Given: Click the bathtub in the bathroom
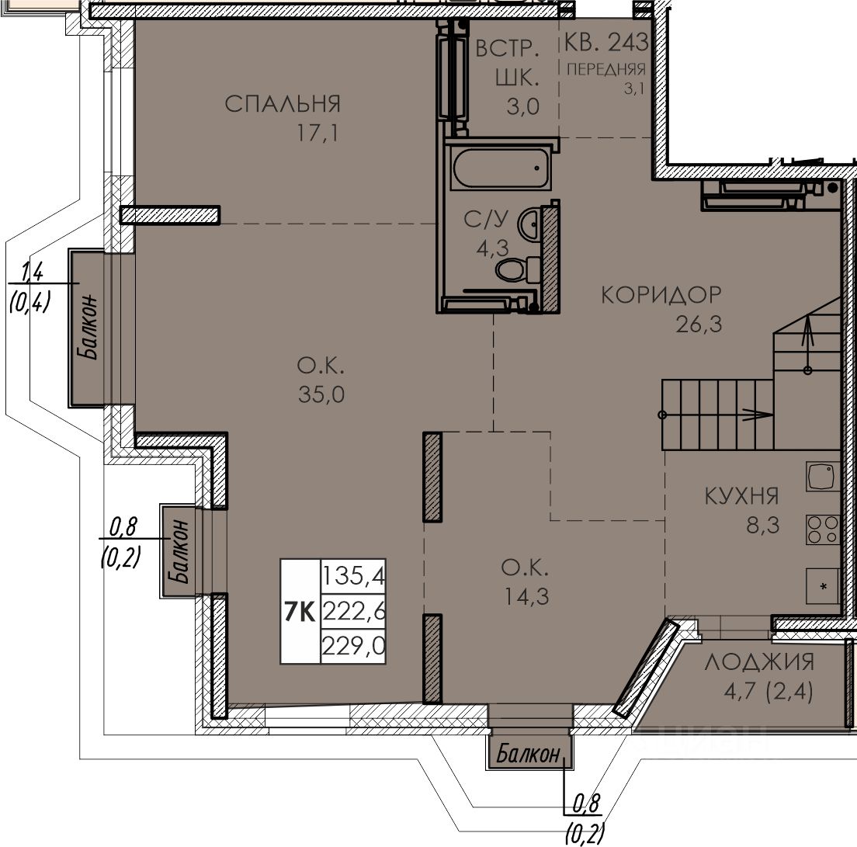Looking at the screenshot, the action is (500, 168).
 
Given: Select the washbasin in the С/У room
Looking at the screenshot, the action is (529, 224).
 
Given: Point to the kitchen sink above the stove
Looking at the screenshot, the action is (823, 477).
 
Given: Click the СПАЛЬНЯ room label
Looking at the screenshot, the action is (283, 104).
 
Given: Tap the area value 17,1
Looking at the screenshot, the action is (317, 133).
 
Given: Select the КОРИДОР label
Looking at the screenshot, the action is (661, 295).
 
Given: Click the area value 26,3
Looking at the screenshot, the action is (699, 325).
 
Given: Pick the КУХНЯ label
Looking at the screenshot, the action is (741, 496).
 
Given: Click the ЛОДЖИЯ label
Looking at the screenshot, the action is (760, 662).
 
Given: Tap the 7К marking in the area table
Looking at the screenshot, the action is (300, 612).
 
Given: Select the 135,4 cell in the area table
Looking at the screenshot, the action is (354, 575).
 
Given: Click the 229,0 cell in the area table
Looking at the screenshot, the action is (354, 647).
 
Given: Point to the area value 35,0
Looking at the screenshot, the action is (321, 394).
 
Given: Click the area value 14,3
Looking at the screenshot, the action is (526, 597).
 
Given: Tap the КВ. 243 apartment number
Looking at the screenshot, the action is (605, 42).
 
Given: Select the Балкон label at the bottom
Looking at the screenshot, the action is (529, 755).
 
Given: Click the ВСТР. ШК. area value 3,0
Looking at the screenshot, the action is (523, 106).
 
